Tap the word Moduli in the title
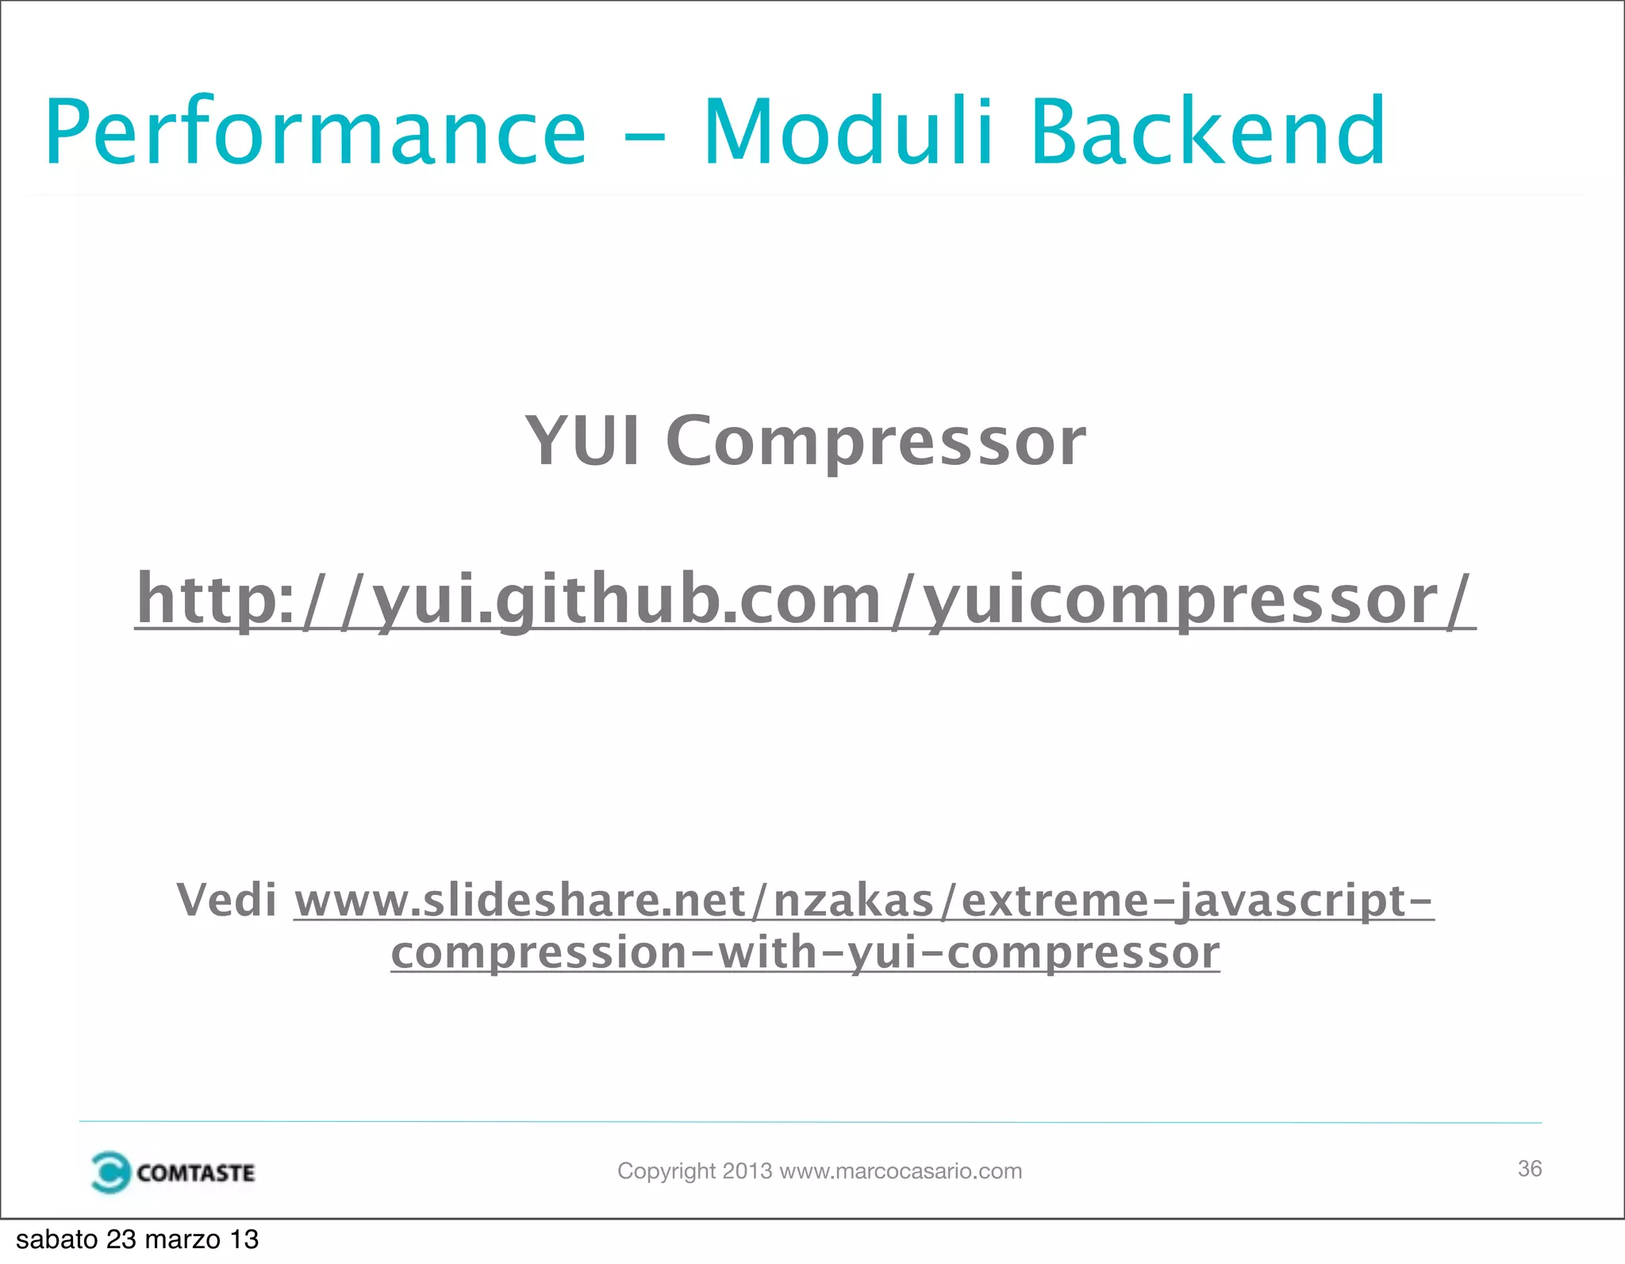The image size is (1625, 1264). [x=847, y=132]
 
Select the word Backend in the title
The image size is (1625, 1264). [x=1208, y=132]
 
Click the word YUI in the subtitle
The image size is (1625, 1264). [x=582, y=441]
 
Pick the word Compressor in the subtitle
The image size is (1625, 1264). [x=875, y=443]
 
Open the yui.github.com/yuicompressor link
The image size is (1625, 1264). [x=805, y=600]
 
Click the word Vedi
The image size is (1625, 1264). [x=227, y=901]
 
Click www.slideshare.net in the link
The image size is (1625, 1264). [x=520, y=902]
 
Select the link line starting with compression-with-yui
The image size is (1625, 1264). [x=805, y=953]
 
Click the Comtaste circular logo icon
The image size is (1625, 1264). [x=110, y=1172]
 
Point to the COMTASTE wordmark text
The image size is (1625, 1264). [x=195, y=1173]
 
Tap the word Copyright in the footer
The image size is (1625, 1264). [x=667, y=1171]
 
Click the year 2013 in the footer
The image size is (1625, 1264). [x=747, y=1171]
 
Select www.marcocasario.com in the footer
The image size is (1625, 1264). [x=901, y=1171]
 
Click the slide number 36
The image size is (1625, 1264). [x=1529, y=1169]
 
